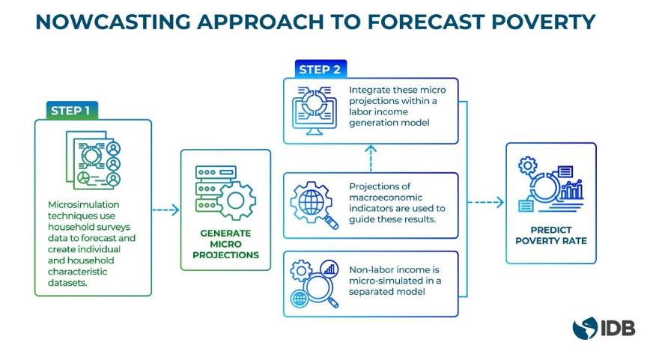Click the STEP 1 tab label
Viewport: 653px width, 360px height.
(x=70, y=111)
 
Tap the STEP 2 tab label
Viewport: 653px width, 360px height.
(x=320, y=70)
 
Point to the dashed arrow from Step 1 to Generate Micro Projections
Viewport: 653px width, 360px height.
(x=165, y=210)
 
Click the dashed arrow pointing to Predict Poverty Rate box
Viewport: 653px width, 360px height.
(x=487, y=202)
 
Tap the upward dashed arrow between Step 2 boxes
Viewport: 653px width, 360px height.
(x=371, y=157)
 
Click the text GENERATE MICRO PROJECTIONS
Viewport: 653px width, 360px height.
(x=225, y=244)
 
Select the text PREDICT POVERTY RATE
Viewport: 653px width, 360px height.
(x=550, y=235)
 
